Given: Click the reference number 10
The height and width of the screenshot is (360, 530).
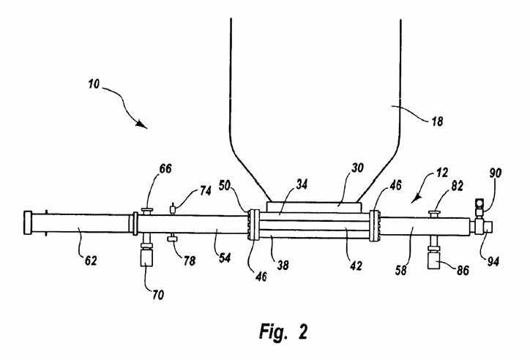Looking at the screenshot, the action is coord(94,83).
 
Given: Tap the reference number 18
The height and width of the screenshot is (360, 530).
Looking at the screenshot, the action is coord(437,121).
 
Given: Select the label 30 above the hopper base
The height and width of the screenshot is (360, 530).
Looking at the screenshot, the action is coord(357,168).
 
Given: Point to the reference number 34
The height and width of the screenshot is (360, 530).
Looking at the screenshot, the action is coord(302,184).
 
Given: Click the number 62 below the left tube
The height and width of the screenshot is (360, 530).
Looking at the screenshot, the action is coord(91,260).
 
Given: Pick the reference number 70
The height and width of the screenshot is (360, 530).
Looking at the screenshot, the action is coord(158,295).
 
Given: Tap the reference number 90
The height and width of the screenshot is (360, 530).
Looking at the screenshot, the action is coord(496,173).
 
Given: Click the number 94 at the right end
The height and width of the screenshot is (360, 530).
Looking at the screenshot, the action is coord(493,261).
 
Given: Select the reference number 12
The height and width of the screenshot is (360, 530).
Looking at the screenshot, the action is coord(441,173).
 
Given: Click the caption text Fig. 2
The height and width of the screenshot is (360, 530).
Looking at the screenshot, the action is coord(283,331).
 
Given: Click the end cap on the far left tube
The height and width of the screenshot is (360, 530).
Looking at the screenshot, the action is coord(27,222).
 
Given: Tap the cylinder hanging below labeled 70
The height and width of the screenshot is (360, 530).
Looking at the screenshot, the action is coord(146,258).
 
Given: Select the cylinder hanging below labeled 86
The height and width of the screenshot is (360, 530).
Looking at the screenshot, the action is coord(433,260).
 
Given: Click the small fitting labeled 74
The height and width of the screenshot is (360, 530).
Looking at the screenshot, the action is coord(173,209).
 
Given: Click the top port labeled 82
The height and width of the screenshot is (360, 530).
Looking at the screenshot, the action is coord(434,214).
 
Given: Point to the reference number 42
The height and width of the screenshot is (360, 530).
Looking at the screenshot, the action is coord(356,266).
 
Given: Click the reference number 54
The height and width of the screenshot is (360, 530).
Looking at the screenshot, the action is coord(225,258).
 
